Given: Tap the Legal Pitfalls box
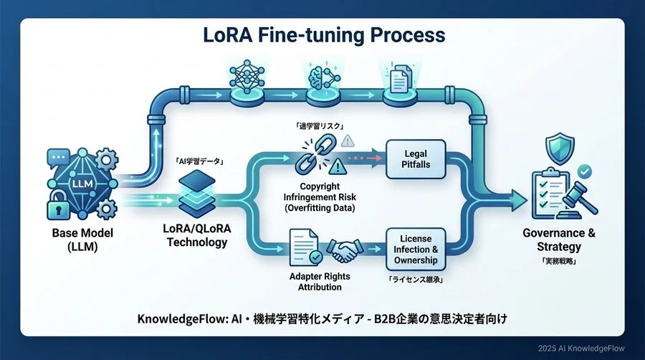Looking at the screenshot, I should point(416,160).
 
